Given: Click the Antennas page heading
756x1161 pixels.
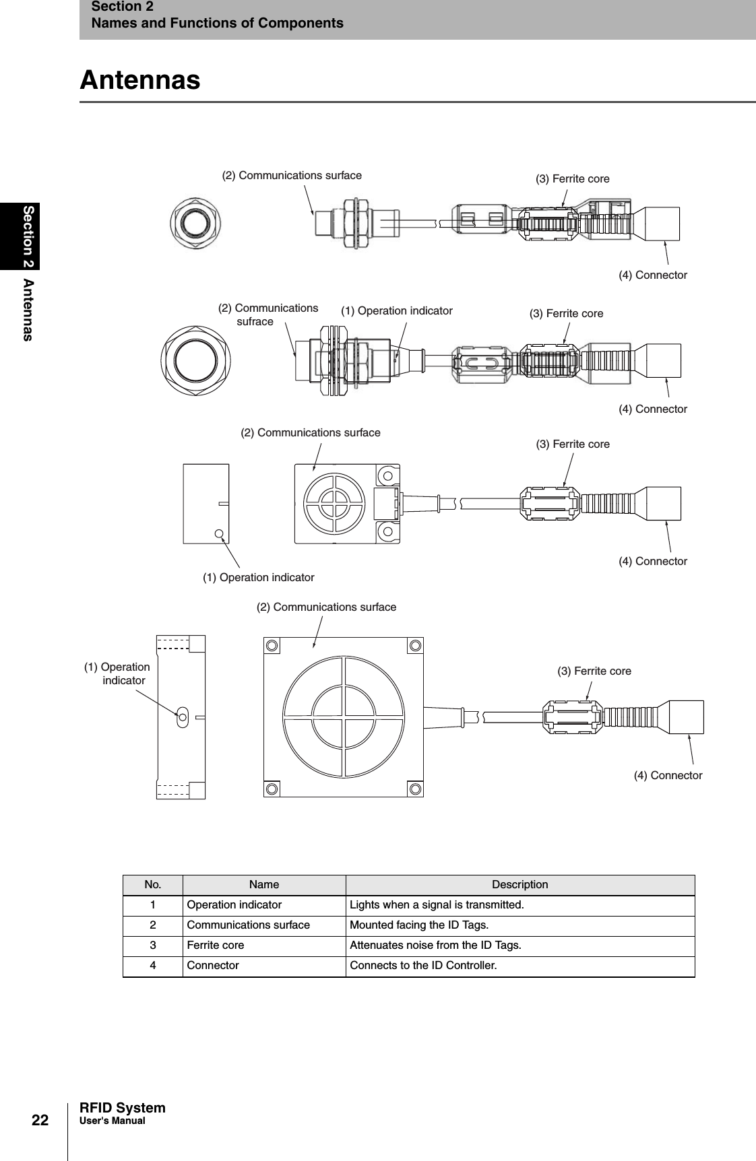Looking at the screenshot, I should (140, 80).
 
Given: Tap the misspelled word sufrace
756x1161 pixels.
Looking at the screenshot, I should (255, 322).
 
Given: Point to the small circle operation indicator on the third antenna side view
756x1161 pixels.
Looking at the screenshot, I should (220, 533).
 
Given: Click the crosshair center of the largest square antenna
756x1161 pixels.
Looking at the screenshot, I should (344, 716).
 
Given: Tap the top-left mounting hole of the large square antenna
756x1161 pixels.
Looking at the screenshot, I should (272, 646).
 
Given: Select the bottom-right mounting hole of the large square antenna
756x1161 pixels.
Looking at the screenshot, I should (416, 789).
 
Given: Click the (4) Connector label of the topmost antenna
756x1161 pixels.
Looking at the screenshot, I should (652, 275).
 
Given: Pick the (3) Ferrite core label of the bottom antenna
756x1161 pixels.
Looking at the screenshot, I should (594, 671).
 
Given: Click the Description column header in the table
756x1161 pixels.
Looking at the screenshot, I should (519, 884).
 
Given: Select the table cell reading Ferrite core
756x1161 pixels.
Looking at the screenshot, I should (216, 946).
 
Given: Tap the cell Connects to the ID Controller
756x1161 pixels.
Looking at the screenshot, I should (422, 966).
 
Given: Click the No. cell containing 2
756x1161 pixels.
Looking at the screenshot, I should (153, 925).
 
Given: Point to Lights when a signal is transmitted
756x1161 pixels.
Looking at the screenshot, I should (436, 904).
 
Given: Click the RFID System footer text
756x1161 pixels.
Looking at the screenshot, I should (122, 1108).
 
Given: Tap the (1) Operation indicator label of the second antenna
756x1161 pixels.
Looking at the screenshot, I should (396, 310).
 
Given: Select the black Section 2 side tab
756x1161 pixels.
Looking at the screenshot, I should (20, 236).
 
